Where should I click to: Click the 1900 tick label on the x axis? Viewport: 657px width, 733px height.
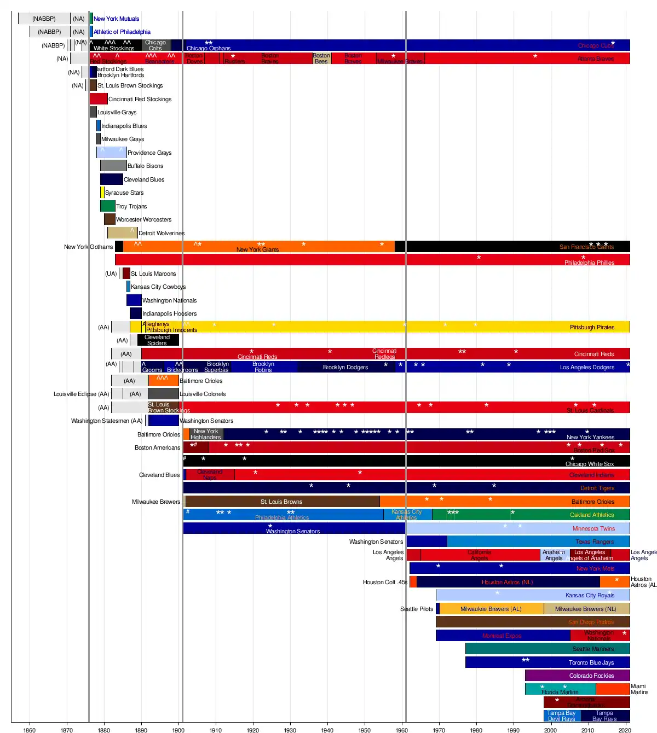(x=178, y=730)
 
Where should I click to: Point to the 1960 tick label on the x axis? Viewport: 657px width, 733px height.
(x=402, y=730)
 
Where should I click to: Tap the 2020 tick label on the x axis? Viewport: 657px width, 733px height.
(x=625, y=730)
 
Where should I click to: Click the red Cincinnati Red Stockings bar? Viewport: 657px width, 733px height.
(x=99, y=99)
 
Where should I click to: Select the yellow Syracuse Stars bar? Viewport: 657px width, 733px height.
(x=102, y=193)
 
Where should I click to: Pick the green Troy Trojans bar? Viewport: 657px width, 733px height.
(x=107, y=206)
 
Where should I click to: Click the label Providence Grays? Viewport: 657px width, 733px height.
(x=149, y=153)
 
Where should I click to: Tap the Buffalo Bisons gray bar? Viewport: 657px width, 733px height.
(x=113, y=166)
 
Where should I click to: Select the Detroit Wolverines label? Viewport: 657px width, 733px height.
(x=162, y=233)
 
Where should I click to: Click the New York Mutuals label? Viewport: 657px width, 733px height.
(x=116, y=19)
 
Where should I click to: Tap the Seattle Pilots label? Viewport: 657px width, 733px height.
(x=417, y=609)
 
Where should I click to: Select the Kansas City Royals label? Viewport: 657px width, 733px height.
(x=590, y=595)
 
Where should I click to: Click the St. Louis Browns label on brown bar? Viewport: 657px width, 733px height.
(x=281, y=502)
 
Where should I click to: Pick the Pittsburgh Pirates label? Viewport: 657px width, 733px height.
(x=592, y=327)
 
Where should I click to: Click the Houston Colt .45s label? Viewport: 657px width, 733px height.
(x=385, y=582)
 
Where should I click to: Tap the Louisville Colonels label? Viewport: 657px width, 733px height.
(x=203, y=394)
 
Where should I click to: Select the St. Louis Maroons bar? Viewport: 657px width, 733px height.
(x=126, y=274)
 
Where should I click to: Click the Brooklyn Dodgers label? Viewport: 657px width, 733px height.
(x=345, y=367)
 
